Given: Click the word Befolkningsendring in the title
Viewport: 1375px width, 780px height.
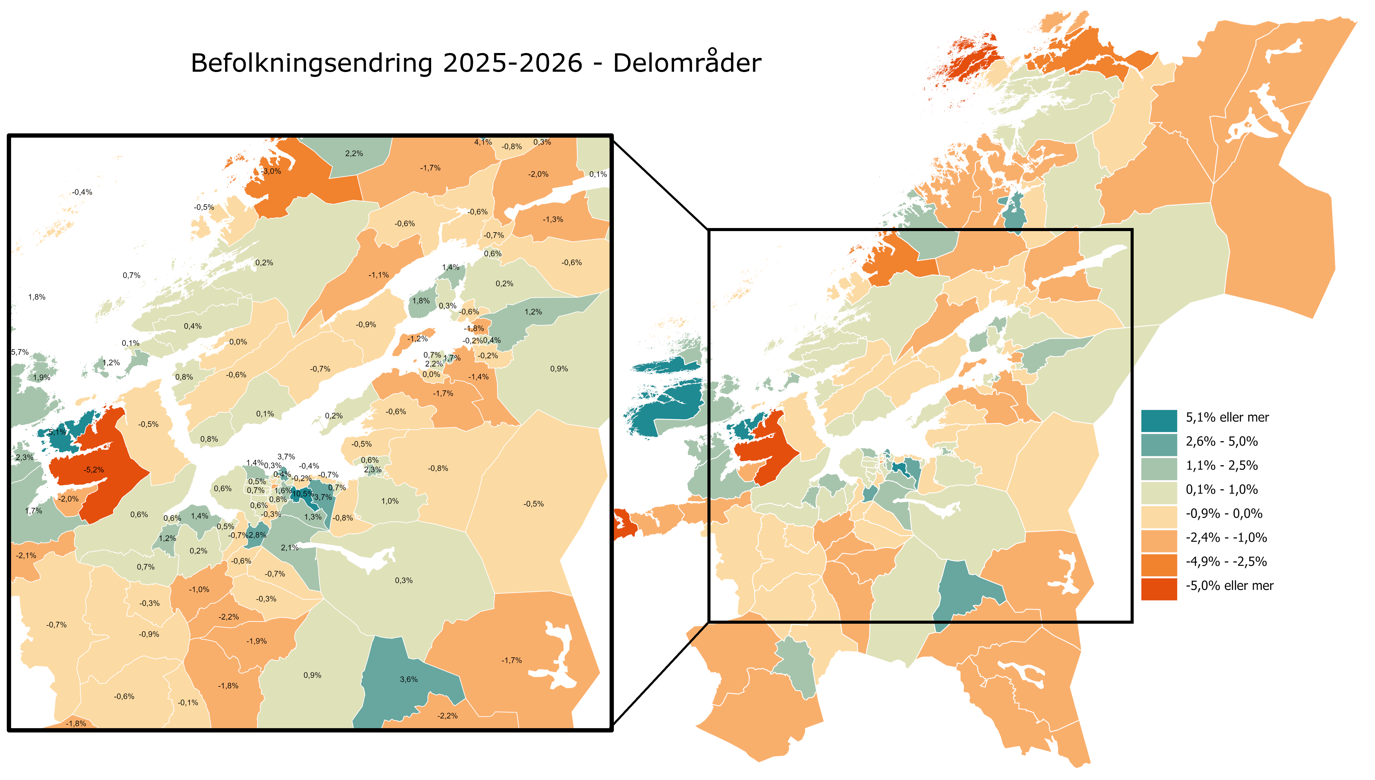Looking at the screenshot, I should (311, 63).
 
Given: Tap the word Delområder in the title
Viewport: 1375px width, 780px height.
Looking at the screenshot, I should (687, 63).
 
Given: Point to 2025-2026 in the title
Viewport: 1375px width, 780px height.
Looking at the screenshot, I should (512, 63).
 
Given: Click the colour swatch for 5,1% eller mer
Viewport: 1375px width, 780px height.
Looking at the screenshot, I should (1159, 420).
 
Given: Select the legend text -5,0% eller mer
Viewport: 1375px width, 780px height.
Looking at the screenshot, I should (1229, 585).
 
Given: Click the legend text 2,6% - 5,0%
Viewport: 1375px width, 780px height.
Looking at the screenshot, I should (1221, 441).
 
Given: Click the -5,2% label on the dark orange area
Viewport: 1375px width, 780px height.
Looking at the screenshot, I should (94, 470).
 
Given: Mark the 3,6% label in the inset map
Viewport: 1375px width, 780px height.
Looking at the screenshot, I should (408, 679).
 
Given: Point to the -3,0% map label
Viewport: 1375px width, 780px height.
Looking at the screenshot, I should (271, 171).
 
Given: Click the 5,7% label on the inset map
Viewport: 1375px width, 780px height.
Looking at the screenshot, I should (20, 352).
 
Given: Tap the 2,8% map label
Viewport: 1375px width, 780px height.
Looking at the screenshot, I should (258, 535).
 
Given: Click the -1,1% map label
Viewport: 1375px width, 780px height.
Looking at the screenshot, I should (378, 275).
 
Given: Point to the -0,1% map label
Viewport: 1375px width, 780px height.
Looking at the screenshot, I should (188, 702).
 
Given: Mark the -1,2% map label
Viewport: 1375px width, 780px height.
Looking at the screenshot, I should (417, 339).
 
